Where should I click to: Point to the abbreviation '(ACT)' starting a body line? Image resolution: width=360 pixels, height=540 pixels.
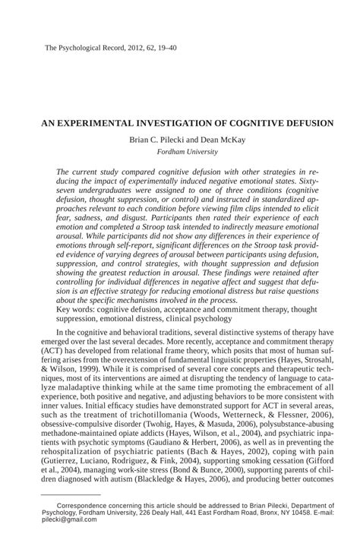pos(47,363)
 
